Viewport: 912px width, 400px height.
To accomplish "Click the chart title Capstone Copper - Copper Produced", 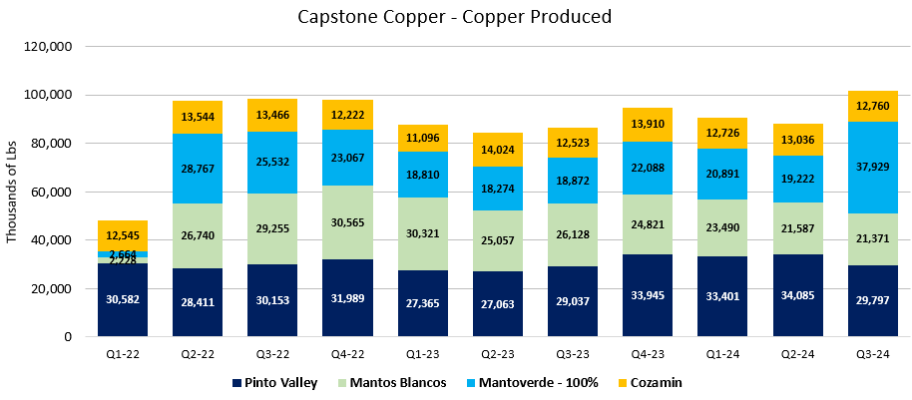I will [x=455, y=17].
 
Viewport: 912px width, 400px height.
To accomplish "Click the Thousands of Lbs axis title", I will [x=13, y=192].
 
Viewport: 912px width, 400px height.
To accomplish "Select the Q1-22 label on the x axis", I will [x=123, y=353].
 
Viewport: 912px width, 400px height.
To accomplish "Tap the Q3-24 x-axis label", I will [x=872, y=353].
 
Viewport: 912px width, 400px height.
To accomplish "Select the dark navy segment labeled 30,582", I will [x=123, y=300].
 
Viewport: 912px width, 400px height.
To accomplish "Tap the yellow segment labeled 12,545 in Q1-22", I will [x=123, y=235].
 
